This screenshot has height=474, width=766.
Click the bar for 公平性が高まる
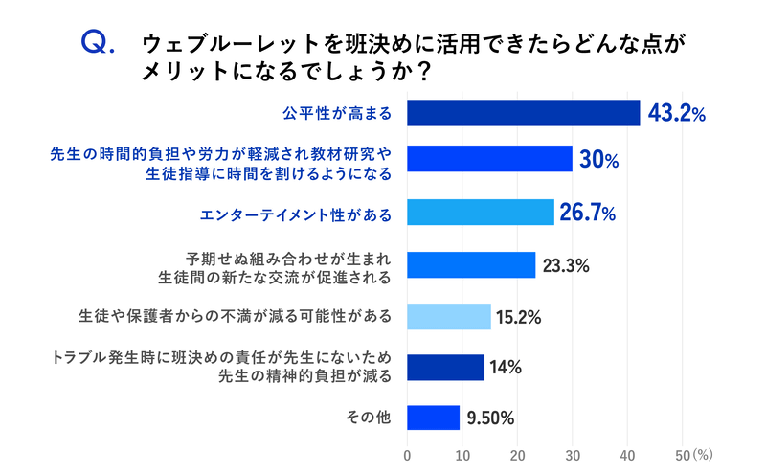[524, 113]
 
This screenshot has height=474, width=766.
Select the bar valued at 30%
[490, 159]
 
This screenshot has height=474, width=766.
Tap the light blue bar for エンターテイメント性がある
[481, 213]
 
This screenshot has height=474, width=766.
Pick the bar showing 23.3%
[471, 265]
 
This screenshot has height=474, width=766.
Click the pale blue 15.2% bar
[449, 315]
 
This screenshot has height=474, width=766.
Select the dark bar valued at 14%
[446, 367]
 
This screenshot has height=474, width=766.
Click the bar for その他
[434, 418]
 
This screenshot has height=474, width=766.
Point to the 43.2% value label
[677, 114]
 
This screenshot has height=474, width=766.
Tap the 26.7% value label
[587, 213]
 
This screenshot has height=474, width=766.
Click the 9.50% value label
[491, 418]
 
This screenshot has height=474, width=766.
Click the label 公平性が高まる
[337, 113]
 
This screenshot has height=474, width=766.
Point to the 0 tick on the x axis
[408, 454]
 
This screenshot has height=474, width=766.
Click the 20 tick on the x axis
[518, 454]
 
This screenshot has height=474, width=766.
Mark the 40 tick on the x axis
[628, 454]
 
